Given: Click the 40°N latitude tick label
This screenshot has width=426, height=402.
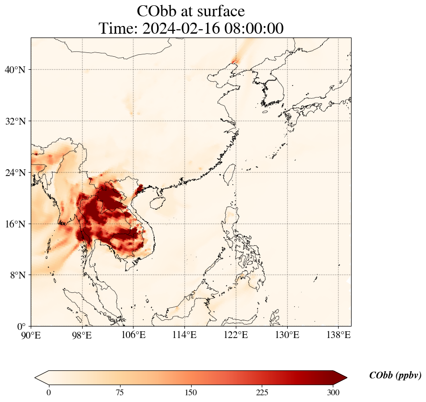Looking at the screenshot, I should pyautogui.click(x=15, y=70).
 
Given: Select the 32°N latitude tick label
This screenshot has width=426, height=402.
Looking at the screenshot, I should pyautogui.click(x=15, y=121).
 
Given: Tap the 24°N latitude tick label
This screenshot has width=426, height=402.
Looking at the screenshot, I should pyautogui.click(x=15, y=173).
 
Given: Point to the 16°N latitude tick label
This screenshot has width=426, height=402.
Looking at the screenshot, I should pyautogui.click(x=15, y=224).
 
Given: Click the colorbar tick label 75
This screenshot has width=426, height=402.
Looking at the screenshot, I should pyautogui.click(x=120, y=393).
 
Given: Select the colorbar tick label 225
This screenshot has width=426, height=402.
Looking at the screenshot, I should pyautogui.click(x=262, y=393).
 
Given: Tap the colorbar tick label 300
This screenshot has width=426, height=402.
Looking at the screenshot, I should pyautogui.click(x=333, y=393).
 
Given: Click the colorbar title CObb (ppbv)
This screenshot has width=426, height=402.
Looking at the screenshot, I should pyautogui.click(x=395, y=376).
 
